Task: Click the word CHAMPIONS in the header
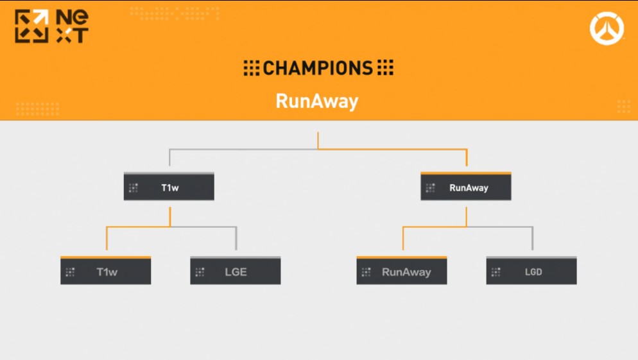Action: click(318, 68)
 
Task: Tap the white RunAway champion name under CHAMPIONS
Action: click(316, 101)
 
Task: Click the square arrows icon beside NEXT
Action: click(31, 27)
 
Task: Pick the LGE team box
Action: click(236, 271)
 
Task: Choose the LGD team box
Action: click(531, 271)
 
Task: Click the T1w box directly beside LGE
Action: click(106, 271)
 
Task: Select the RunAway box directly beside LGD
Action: click(402, 271)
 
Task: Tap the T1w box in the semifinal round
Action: click(169, 187)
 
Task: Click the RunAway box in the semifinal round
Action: click(466, 187)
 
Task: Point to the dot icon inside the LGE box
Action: click(200, 272)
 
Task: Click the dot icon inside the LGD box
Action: click(496, 272)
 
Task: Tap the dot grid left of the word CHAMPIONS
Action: click(252, 68)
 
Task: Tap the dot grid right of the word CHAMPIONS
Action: click(385, 68)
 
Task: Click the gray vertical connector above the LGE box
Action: click(236, 239)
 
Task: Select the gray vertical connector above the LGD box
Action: click(532, 239)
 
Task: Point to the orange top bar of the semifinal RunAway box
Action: click(466, 173)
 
